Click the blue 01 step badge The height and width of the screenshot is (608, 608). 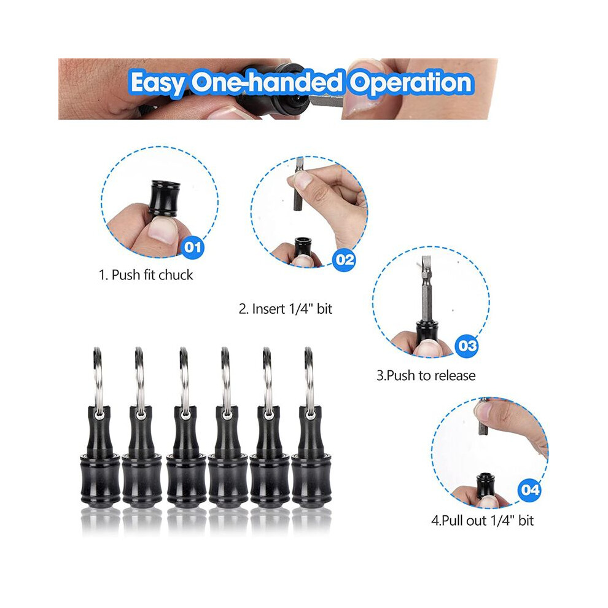[x=192, y=247]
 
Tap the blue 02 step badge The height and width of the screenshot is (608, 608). [x=345, y=259]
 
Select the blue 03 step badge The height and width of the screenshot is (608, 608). [x=467, y=346]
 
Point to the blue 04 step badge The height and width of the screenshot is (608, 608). [x=529, y=489]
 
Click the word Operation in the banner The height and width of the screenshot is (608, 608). [x=410, y=82]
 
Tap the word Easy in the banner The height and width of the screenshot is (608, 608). [x=157, y=83]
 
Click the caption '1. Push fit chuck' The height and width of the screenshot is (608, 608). [x=146, y=275]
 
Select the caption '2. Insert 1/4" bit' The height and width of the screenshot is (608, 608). [x=286, y=309]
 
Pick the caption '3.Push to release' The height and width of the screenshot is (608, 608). [x=426, y=375]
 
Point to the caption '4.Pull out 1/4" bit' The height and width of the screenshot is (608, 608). [x=482, y=520]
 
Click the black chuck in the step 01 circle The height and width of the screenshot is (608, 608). [x=163, y=198]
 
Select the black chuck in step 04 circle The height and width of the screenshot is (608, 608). [x=485, y=486]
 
